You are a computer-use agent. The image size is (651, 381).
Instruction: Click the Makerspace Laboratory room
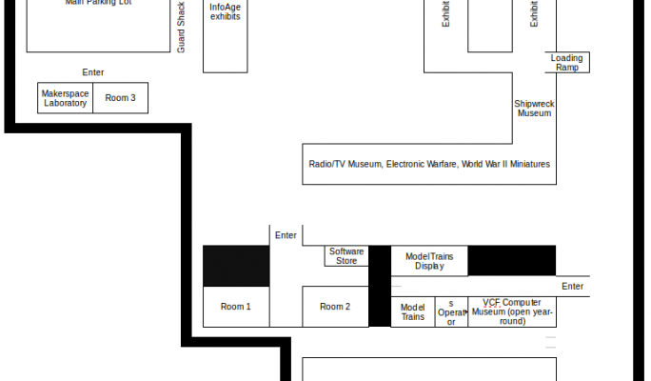[x=65, y=98]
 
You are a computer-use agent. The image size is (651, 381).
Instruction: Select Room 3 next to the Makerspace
[x=120, y=98]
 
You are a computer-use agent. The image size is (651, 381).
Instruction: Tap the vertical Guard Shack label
[x=181, y=27]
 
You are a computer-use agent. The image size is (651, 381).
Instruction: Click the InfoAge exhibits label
[x=225, y=11]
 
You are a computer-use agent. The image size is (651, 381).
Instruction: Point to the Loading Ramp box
[x=567, y=63]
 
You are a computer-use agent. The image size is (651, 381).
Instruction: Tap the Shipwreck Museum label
[x=534, y=108]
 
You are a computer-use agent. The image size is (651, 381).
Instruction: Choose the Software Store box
[x=346, y=256]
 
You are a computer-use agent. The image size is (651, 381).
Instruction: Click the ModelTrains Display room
[x=429, y=261]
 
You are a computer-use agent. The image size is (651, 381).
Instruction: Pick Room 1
[x=236, y=307]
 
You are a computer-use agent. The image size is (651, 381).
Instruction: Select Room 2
[x=335, y=307]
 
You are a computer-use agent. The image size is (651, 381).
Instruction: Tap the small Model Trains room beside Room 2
[x=412, y=311]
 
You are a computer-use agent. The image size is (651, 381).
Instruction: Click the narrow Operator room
[x=451, y=312]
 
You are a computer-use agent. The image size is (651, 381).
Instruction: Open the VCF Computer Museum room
[x=512, y=311]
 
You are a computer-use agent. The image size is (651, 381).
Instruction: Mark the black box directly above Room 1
[x=236, y=266]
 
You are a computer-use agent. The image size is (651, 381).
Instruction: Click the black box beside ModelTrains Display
[x=512, y=260]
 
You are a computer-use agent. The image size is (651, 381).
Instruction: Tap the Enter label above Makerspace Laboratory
[x=92, y=72]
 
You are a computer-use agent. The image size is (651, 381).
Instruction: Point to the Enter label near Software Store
[x=286, y=235]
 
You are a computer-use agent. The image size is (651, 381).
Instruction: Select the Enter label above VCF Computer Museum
[x=572, y=286]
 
